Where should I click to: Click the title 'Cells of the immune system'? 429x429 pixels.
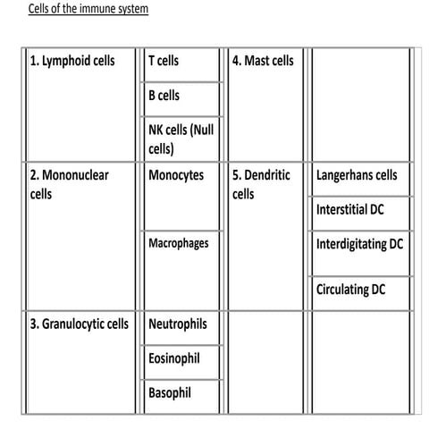click(x=88, y=9)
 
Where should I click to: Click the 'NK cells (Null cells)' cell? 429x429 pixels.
click(x=181, y=139)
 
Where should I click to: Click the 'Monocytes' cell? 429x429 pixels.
click(x=176, y=176)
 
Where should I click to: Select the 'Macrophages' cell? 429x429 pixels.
click(x=179, y=242)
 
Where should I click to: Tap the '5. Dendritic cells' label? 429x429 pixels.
click(x=260, y=184)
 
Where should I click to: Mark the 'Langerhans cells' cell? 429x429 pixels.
click(x=357, y=176)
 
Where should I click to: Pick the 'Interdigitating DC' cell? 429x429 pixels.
click(x=359, y=243)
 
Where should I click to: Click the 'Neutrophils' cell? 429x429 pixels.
click(x=178, y=324)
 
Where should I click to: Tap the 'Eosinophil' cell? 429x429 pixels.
click(x=174, y=357)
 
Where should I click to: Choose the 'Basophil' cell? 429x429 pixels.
click(x=170, y=391)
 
